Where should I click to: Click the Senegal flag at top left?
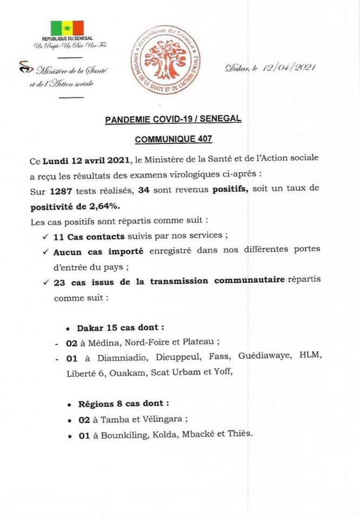coord(67,28)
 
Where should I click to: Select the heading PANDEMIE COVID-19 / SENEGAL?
coord(173,119)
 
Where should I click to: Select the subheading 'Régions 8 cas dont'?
coord(123,404)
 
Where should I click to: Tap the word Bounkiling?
coord(107,434)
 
